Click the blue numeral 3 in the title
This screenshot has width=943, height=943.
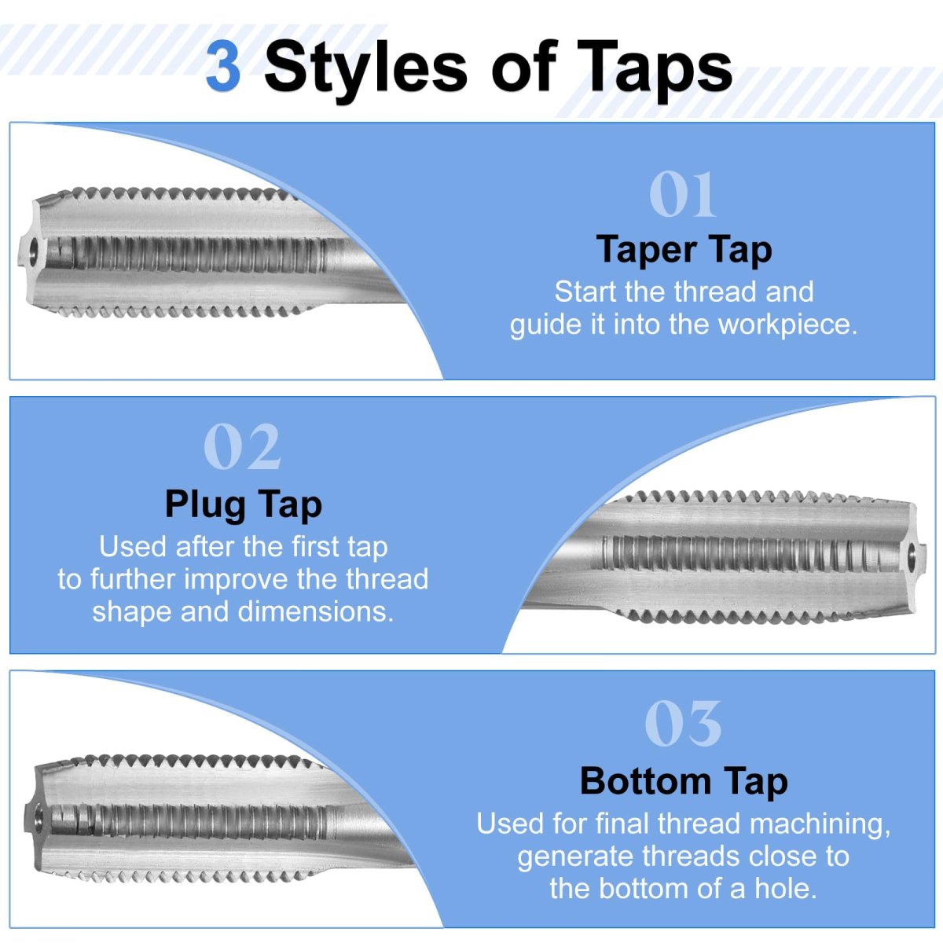[223, 67]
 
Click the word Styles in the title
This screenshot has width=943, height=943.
[365, 68]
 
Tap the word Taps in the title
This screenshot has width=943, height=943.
[655, 68]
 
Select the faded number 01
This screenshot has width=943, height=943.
[683, 194]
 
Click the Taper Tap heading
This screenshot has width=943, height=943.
[684, 250]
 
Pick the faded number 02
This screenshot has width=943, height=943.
[242, 447]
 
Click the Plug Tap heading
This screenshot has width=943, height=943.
[244, 505]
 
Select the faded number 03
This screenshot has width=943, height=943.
[683, 723]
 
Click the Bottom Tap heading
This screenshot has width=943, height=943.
[684, 781]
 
